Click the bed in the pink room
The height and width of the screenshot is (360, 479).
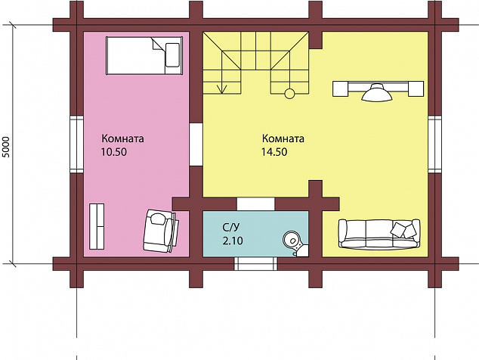tap(144, 56)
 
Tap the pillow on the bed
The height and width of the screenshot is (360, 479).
tap(172, 55)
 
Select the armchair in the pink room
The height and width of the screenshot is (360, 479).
tap(161, 231)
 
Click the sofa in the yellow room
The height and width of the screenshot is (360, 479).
tap(379, 234)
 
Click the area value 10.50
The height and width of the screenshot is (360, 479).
tap(114, 152)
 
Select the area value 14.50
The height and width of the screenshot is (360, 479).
tap(274, 152)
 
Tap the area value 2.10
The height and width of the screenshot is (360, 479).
tap(233, 241)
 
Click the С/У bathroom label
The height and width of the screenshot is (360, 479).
tap(231, 227)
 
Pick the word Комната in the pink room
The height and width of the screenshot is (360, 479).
tap(123, 138)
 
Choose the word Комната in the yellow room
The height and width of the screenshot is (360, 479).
tap(283, 138)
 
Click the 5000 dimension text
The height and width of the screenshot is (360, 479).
tap(6, 147)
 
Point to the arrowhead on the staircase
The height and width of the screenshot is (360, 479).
tap(222, 89)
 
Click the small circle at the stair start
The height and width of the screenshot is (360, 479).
tap(289, 94)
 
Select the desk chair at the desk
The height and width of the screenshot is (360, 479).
tap(377, 92)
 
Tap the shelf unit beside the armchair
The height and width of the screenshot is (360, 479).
tap(97, 226)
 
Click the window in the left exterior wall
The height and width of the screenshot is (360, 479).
tap(76, 144)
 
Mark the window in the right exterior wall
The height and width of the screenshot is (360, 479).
tap(434, 144)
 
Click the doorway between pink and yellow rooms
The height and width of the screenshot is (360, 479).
tap(196, 144)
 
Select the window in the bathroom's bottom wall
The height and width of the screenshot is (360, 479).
tap(255, 264)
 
